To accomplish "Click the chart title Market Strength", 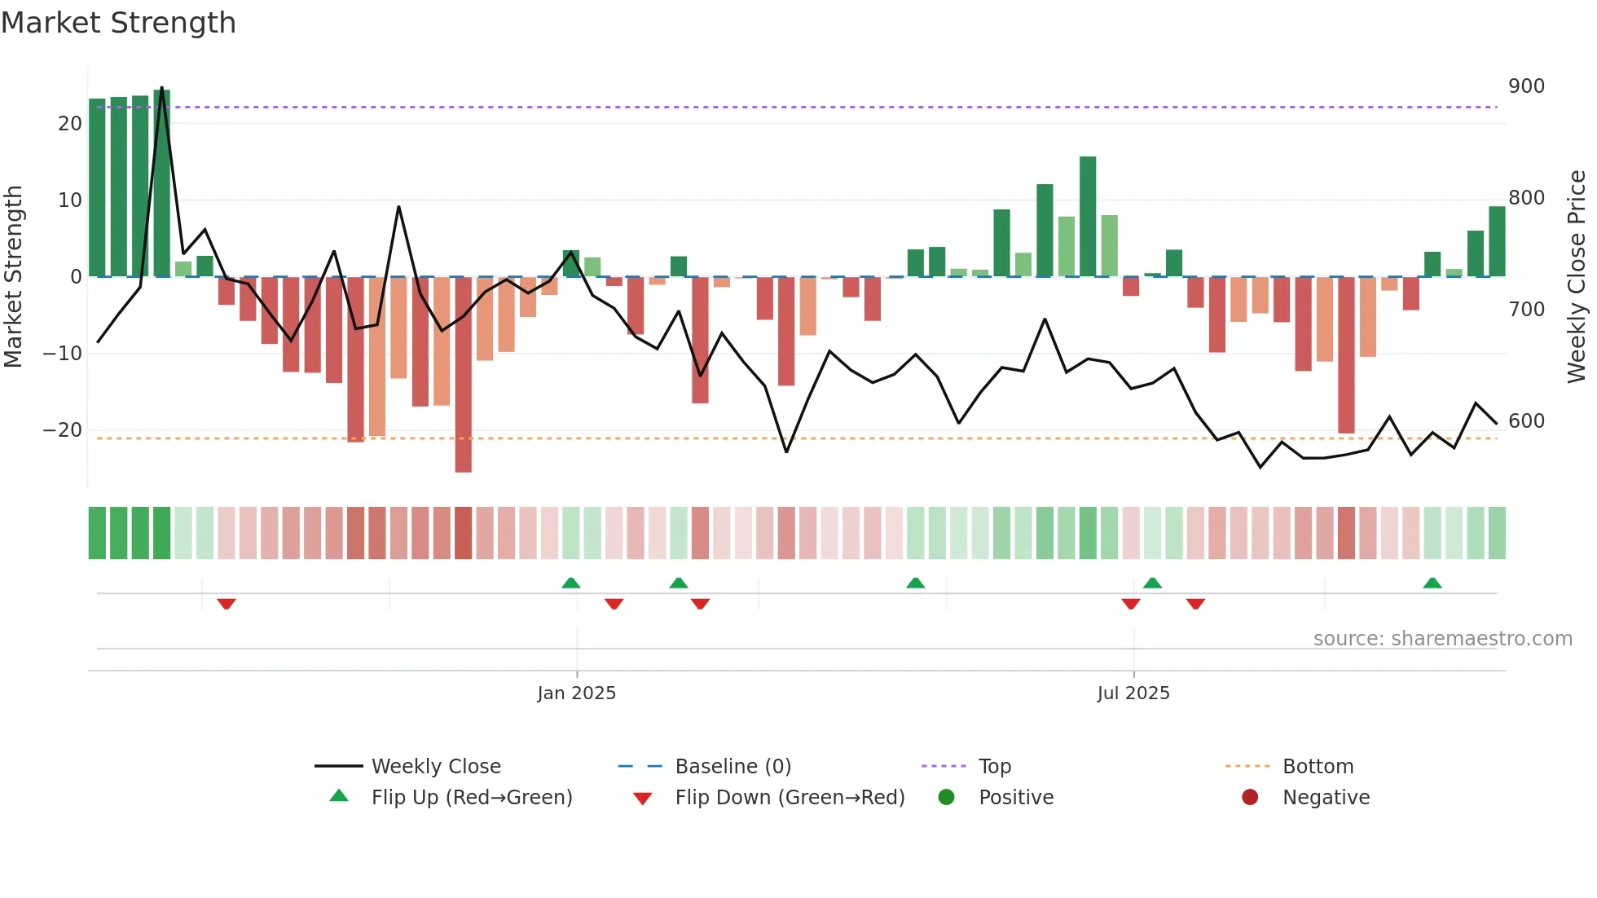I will click(x=118, y=23).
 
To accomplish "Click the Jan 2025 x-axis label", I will click(x=576, y=693).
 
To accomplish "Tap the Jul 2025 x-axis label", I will click(x=1133, y=693).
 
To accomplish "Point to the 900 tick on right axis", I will click(x=1526, y=86).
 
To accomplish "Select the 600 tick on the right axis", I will click(x=1526, y=421).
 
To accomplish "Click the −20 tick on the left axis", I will click(x=63, y=430).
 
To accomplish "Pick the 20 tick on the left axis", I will click(x=70, y=124).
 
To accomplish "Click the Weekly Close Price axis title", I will click(x=1577, y=277).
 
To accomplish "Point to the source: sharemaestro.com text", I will click(x=1442, y=639).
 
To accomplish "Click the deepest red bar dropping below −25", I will click(x=463, y=375).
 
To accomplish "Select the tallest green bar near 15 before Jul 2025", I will click(x=1088, y=216).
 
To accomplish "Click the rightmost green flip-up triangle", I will click(x=1432, y=583).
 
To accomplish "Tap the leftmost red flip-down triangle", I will click(x=227, y=604).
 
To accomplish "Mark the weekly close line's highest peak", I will click(x=161, y=88).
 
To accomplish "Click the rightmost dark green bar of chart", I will click(x=1497, y=241).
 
